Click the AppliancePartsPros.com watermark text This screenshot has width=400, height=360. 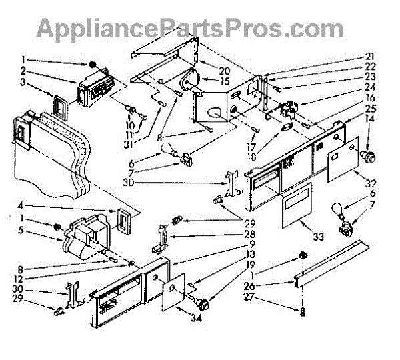190,28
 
